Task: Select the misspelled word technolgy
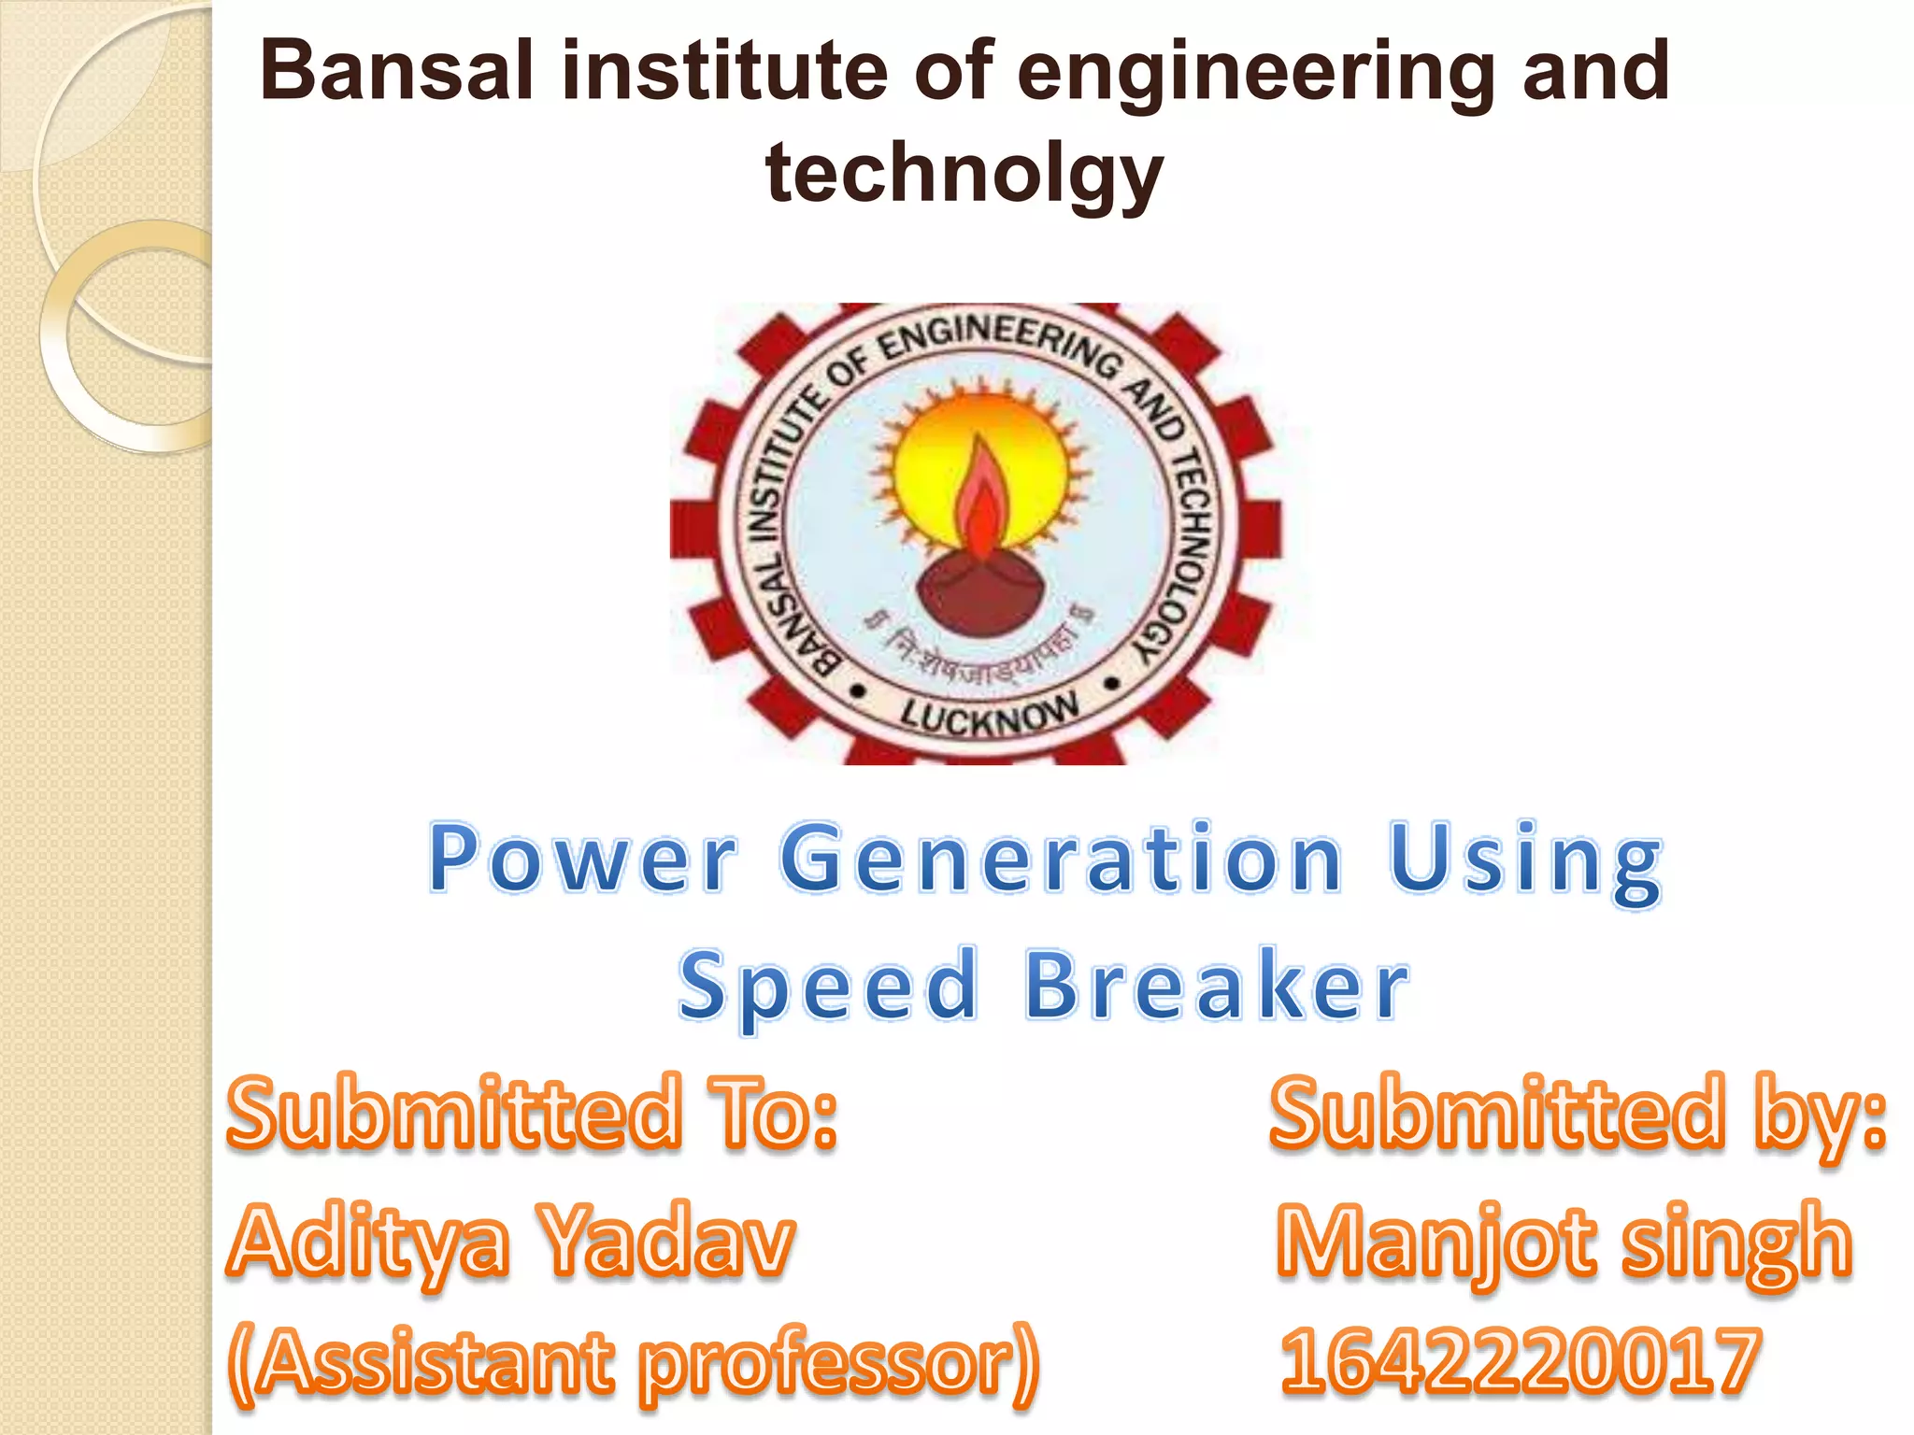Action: tap(964, 174)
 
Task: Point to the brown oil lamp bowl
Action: tap(979, 594)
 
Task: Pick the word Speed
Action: tap(828, 987)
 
